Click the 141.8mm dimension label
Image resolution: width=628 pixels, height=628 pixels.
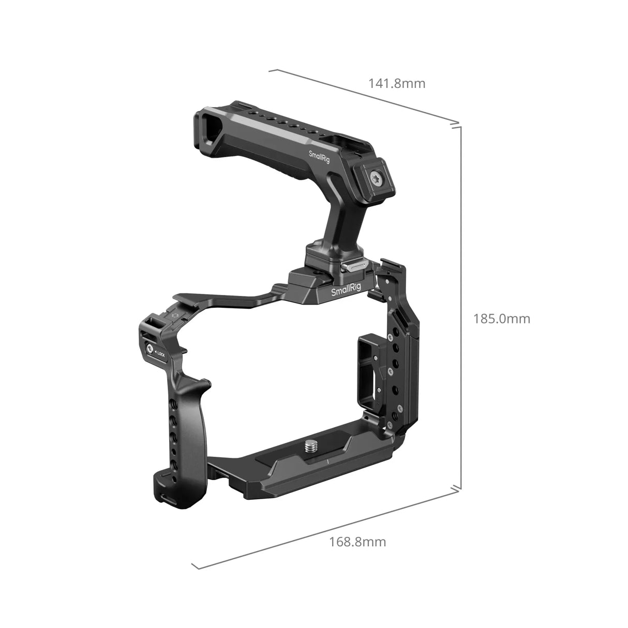396,83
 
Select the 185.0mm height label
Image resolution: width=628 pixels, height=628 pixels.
501,319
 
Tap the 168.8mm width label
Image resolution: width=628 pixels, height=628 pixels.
357,542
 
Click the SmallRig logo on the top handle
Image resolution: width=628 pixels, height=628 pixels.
319,157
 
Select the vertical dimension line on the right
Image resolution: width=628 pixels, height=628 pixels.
460,305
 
